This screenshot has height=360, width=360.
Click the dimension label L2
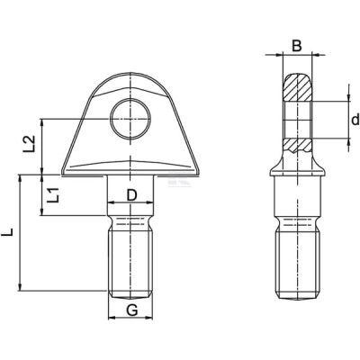click(x=30, y=144)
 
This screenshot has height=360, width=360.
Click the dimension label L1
click(x=53, y=194)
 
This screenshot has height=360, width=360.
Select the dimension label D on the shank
click(x=131, y=195)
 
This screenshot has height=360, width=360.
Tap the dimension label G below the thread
click(x=131, y=310)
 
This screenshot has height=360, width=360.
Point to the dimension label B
click(x=297, y=46)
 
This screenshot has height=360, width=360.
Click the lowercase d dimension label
click(x=355, y=120)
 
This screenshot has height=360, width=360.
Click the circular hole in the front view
click(x=130, y=119)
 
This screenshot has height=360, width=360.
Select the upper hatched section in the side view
click(x=298, y=87)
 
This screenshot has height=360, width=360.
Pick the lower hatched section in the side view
click(x=298, y=146)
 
